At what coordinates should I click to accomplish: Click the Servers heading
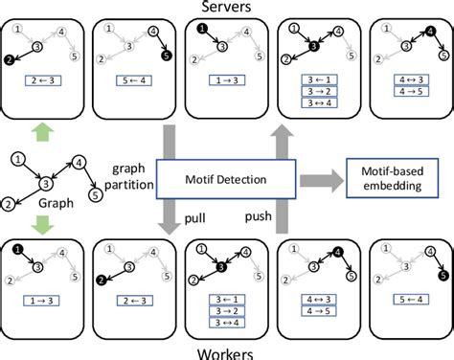(x=227, y=7)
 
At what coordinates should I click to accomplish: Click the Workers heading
(x=227, y=352)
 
